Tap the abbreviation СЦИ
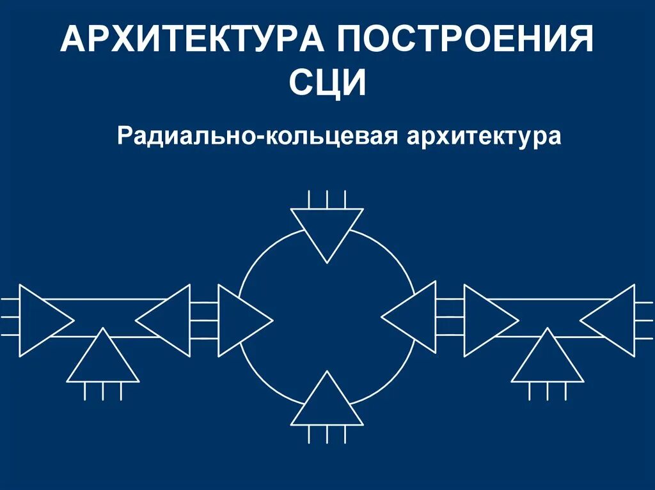click(x=327, y=84)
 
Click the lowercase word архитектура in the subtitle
click(x=484, y=136)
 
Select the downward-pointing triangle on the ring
click(x=327, y=227)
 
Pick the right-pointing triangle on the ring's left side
click(x=240, y=319)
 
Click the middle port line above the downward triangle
click(x=327, y=199)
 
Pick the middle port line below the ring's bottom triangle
click(x=327, y=434)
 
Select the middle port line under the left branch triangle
click(x=103, y=391)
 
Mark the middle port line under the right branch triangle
click(x=548, y=391)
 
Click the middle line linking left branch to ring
click(x=204, y=319)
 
